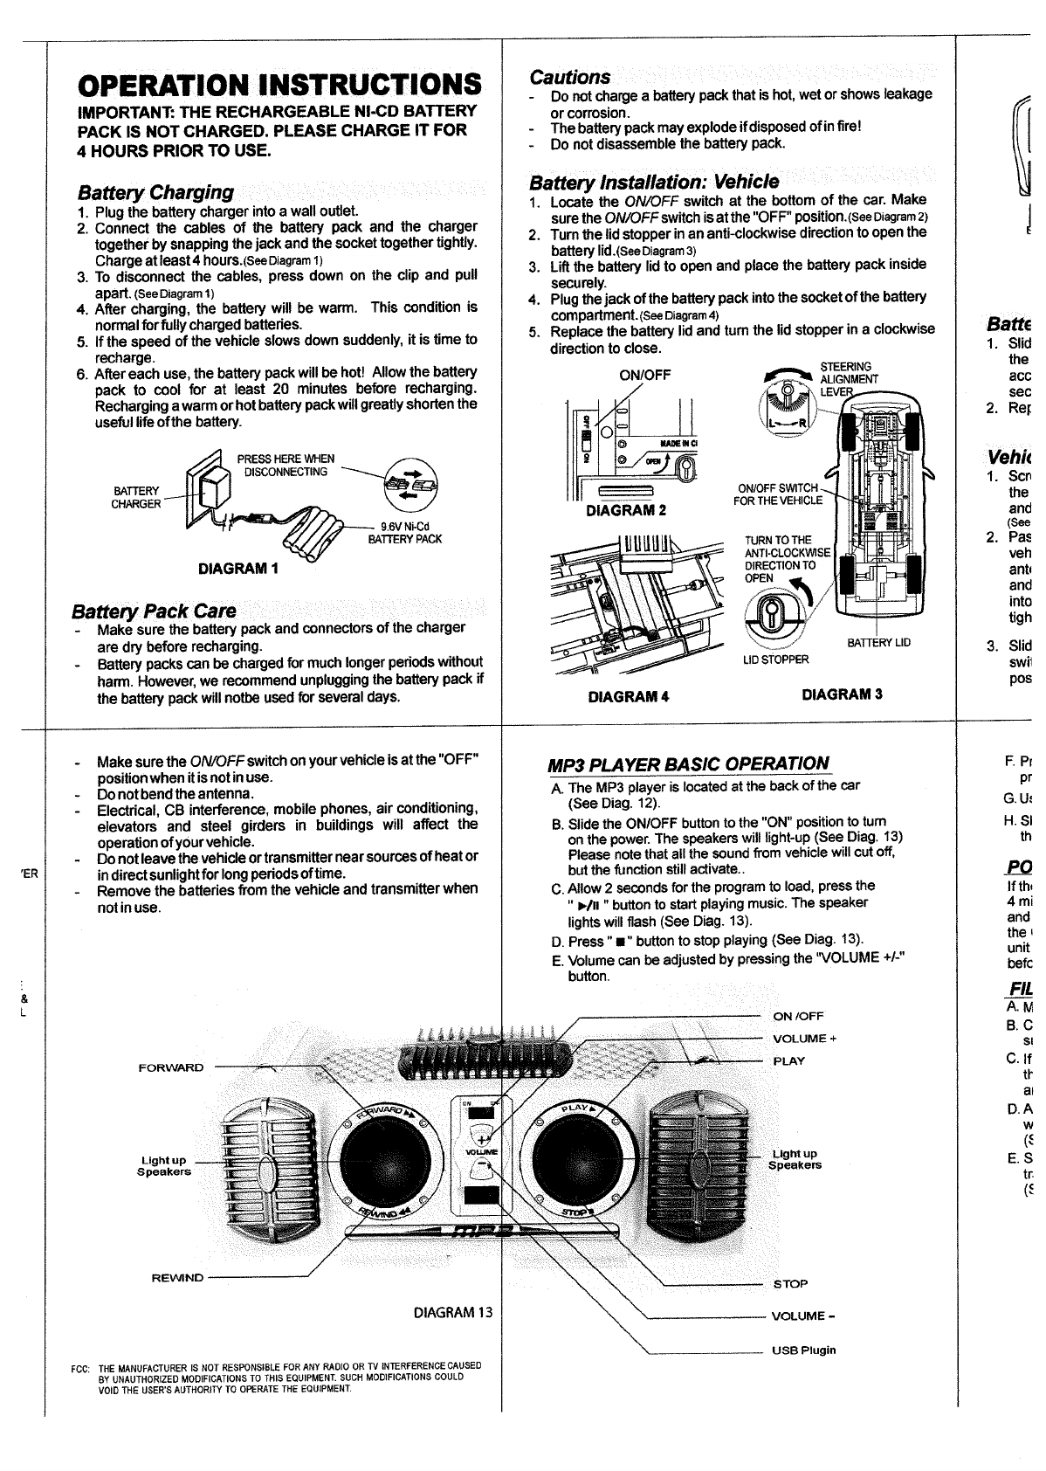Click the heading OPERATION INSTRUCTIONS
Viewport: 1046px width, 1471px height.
pos(279,85)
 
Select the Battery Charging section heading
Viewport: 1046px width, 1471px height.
pos(155,192)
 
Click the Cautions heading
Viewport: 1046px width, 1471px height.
pos(570,77)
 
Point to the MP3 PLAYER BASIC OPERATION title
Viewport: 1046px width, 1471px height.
pos(687,763)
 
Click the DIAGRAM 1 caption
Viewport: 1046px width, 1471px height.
pos(238,569)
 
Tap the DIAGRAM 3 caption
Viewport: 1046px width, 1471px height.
pos(842,694)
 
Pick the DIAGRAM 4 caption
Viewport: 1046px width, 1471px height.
pos(629,697)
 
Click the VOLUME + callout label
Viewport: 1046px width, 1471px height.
pos(804,1039)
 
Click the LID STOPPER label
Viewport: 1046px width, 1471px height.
pos(775,660)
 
